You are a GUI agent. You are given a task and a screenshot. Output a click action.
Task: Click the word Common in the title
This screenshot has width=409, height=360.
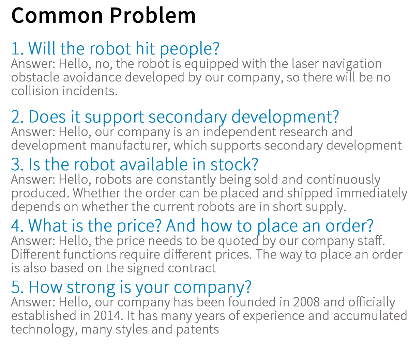tap(57, 16)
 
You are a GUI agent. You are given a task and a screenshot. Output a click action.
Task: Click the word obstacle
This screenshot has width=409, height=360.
tap(35, 77)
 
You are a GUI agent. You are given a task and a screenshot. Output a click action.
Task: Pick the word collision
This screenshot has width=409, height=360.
tap(34, 91)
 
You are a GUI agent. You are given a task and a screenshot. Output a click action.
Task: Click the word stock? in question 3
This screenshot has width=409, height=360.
tap(234, 165)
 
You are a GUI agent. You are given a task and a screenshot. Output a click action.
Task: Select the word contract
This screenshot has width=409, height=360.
tap(192, 268)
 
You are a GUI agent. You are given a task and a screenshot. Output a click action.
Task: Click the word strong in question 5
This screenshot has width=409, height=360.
tap(91, 288)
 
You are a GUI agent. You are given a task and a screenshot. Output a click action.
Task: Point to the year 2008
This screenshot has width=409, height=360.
tap(306, 302)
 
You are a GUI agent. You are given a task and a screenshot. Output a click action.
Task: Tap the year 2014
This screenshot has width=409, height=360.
tap(108, 316)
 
